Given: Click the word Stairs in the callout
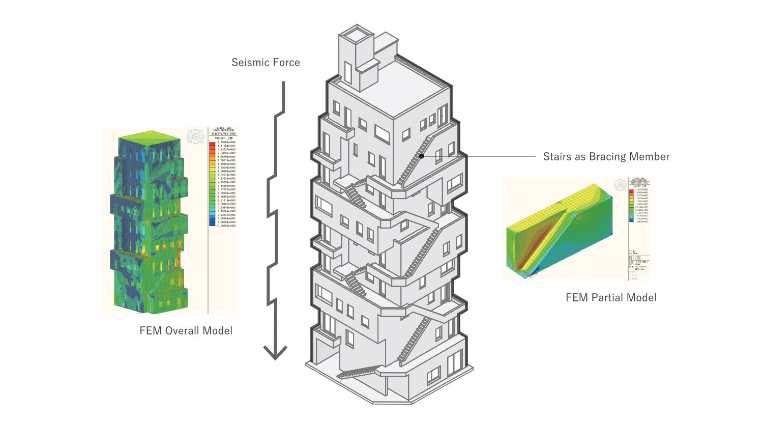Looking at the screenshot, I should pyautogui.click(x=557, y=157).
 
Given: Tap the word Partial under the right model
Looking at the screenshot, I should pyautogui.click(x=608, y=298).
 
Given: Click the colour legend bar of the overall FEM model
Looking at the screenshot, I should pyautogui.click(x=212, y=183).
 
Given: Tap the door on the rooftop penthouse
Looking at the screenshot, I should pyautogui.click(x=348, y=72).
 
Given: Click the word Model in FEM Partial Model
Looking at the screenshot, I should pyautogui.click(x=642, y=298).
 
